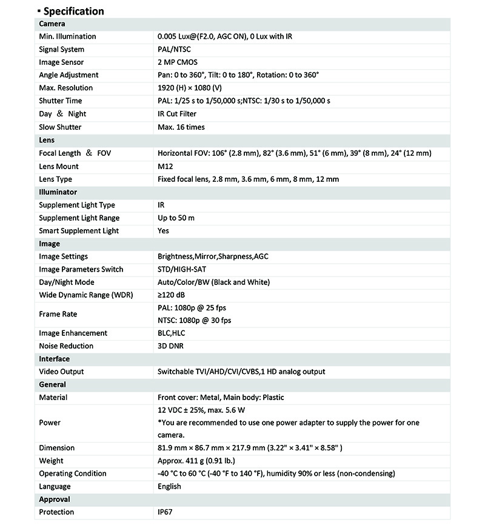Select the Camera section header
tap(52, 24)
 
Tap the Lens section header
tap(47, 140)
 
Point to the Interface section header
tap(55, 359)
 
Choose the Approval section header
tap(55, 500)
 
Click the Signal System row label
tap(62, 49)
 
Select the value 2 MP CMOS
tap(178, 62)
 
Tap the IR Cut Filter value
tap(177, 113)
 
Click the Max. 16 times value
tap(181, 127)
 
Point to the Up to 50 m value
tap(176, 218)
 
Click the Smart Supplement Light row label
tap(79, 230)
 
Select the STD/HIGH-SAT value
tap(182, 269)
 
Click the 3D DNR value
tap(171, 346)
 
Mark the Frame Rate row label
tap(58, 314)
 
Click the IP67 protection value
tap(167, 512)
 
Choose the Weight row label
tap(51, 461)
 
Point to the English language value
tap(169, 486)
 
